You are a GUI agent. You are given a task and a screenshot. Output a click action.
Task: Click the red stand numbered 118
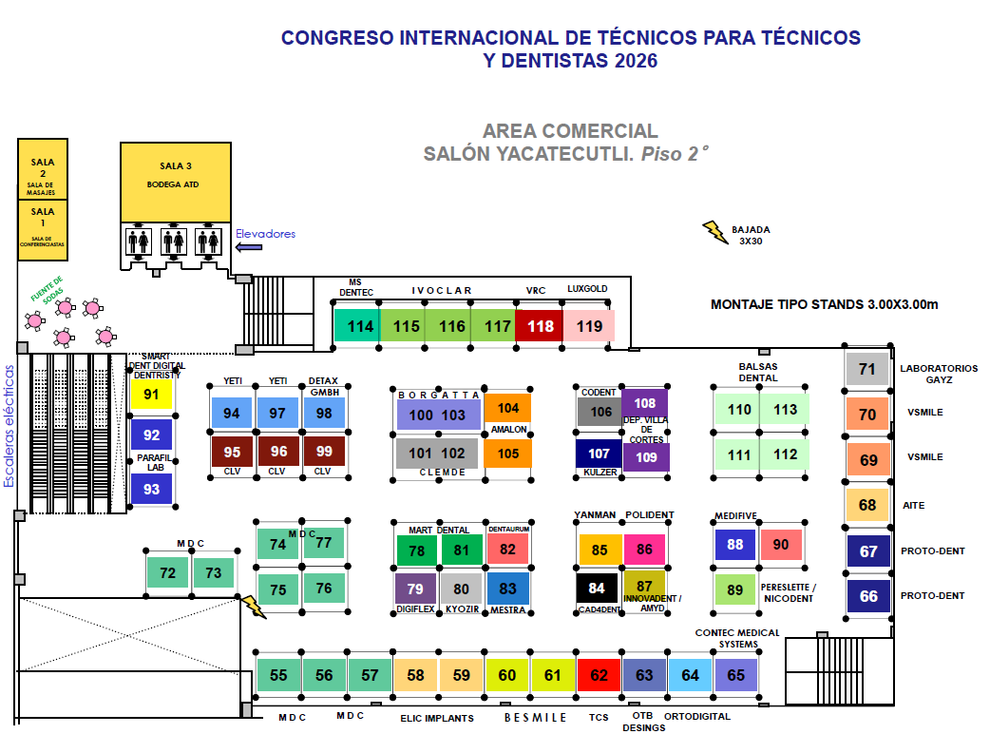click(x=539, y=325)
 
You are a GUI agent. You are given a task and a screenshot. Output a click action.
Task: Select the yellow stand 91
click(x=151, y=395)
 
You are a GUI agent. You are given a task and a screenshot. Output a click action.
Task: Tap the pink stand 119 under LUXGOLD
click(x=588, y=325)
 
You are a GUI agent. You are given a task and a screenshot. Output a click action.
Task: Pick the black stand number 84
click(x=597, y=589)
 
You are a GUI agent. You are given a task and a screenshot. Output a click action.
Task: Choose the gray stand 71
click(x=866, y=369)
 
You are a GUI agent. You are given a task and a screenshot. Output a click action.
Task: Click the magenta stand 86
click(x=644, y=549)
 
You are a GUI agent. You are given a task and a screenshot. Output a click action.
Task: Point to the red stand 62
click(x=599, y=675)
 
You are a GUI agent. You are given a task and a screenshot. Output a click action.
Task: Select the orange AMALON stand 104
click(x=507, y=408)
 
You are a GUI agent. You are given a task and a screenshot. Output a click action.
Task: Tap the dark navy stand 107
click(x=599, y=453)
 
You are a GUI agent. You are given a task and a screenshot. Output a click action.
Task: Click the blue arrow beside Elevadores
click(x=249, y=247)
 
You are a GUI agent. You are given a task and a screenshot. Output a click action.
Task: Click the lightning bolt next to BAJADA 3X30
click(x=715, y=232)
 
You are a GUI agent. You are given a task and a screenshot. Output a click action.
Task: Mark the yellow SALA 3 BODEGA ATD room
click(x=176, y=182)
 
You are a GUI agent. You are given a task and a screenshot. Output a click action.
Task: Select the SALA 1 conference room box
click(x=43, y=230)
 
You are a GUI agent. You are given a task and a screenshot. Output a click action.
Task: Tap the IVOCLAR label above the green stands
click(x=442, y=291)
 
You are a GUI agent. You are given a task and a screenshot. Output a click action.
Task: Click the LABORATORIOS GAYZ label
click(x=939, y=374)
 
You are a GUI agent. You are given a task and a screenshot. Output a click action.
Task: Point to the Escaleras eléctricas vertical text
click(x=9, y=426)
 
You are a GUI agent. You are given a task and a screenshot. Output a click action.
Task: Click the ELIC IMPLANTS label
click(x=437, y=718)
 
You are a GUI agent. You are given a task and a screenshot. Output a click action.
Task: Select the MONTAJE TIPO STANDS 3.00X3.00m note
click(x=824, y=304)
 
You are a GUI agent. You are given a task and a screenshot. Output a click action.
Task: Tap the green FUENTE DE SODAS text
click(x=48, y=290)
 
